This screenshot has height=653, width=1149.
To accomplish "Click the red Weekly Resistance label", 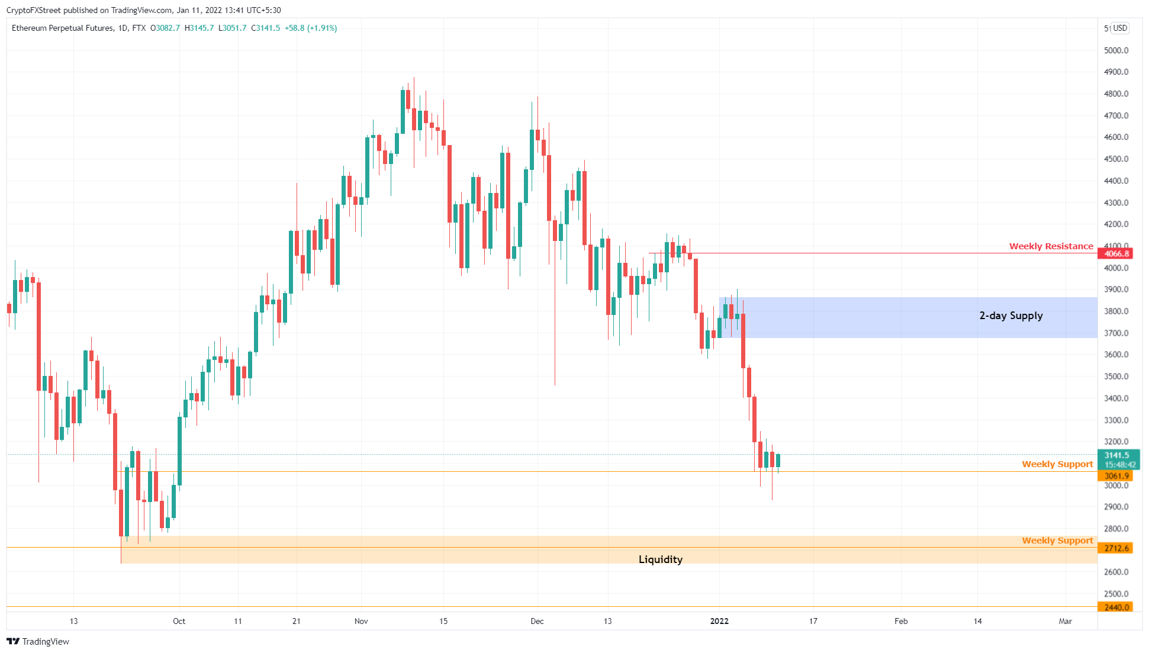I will click(x=1051, y=246).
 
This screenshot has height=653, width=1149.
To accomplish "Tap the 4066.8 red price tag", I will click(x=1116, y=254).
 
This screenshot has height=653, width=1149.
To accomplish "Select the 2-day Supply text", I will click(x=1010, y=316).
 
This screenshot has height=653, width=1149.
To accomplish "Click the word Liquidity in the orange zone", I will click(x=660, y=559).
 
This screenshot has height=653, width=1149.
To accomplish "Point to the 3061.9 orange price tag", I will click(x=1116, y=476).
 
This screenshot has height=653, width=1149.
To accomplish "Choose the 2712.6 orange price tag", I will click(x=1116, y=548).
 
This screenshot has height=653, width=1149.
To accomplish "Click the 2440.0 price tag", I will click(x=1116, y=607).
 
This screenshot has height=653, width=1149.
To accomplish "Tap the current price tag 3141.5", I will click(x=1116, y=455).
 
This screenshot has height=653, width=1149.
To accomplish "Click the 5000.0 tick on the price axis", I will click(x=1116, y=50).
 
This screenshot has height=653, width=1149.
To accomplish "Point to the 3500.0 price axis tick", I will click(x=1116, y=377).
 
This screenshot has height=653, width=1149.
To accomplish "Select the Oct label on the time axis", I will click(x=179, y=621).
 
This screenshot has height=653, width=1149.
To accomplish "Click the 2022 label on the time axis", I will click(x=719, y=621).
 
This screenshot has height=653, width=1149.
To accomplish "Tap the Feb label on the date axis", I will click(x=900, y=621).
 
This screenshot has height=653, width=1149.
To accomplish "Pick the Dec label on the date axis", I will click(x=537, y=621).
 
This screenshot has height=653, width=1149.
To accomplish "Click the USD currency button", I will click(x=1120, y=28).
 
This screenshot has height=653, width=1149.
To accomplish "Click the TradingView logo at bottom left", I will click(x=38, y=642).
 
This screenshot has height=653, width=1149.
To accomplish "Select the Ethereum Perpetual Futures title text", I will click(x=62, y=28).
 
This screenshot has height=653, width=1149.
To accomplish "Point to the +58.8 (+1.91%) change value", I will click(x=311, y=28).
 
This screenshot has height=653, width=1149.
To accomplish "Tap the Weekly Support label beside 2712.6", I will click(x=1057, y=541).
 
